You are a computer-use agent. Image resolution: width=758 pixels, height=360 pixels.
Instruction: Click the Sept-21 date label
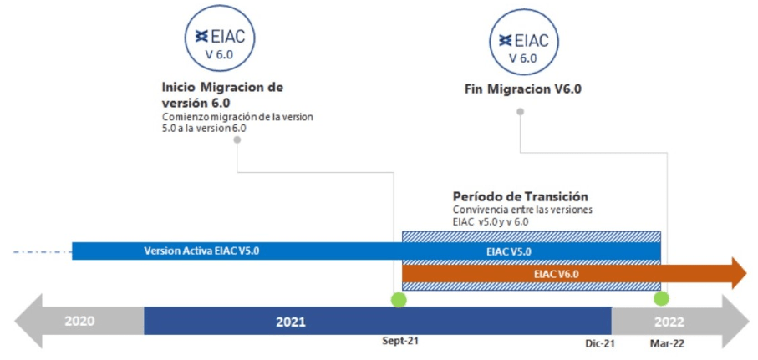coord(399,341)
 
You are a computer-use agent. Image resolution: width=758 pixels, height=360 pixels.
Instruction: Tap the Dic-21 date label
coord(598,343)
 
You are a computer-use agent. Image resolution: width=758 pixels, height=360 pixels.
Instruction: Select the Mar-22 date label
coord(668,343)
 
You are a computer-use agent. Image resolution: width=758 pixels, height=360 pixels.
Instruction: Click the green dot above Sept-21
coord(399,300)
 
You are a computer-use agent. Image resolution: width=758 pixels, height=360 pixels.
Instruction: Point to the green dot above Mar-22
coord(661,299)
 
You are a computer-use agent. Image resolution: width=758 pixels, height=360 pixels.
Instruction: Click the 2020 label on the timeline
coord(79,321)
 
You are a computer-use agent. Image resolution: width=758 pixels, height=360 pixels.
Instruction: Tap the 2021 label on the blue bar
coord(291,322)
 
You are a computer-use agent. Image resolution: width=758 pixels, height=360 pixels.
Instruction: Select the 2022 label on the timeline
coord(669,322)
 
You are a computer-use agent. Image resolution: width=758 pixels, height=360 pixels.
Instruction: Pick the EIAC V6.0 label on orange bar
coord(557,274)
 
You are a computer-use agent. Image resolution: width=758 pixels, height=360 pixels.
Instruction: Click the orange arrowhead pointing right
coord(740,273)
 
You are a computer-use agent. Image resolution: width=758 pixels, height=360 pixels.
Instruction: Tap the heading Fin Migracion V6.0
coord(522,89)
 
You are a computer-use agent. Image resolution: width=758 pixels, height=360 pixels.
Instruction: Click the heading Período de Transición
coord(520,196)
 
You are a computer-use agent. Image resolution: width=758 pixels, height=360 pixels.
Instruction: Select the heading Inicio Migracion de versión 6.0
coord(222,95)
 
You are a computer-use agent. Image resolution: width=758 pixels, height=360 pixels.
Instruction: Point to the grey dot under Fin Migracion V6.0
coord(520,112)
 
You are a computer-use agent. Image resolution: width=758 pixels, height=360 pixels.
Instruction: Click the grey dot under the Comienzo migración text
coord(237,139)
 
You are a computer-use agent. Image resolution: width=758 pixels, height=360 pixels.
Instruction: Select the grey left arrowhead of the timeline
coord(28,321)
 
